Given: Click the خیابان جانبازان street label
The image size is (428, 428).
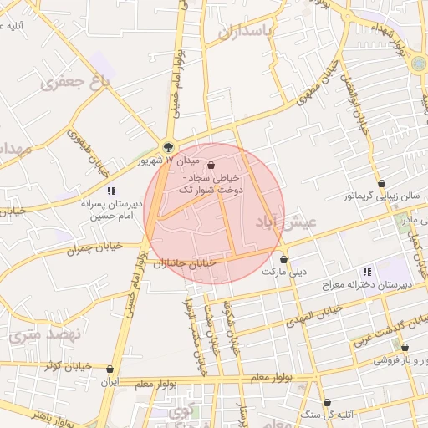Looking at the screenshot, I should [x=184, y=262].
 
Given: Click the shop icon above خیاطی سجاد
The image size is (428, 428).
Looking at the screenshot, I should [x=209, y=166].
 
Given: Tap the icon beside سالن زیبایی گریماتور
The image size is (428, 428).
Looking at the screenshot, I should [x=382, y=183].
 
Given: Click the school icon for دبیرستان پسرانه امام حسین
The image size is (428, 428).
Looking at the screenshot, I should [x=111, y=191].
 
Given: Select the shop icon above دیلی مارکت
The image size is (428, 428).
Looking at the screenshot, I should [x=284, y=259].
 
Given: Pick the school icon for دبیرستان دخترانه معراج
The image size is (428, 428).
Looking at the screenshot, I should [x=367, y=272].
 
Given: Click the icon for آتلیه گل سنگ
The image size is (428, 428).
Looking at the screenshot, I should [x=327, y=402].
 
